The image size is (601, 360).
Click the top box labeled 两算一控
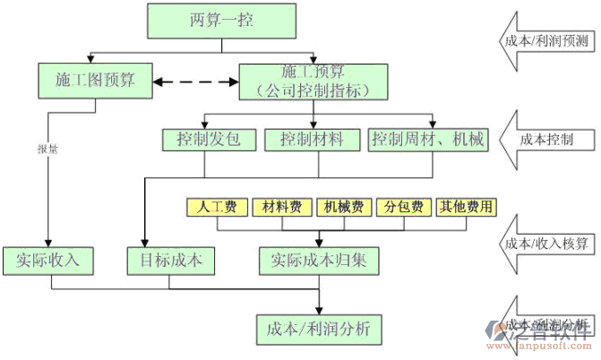(x=221, y=21)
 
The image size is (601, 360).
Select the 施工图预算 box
(x=95, y=80)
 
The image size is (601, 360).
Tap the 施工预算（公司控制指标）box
(x=313, y=80)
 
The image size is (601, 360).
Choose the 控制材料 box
(x=312, y=140)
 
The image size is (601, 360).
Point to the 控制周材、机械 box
(x=428, y=140)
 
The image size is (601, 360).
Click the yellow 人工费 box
(x=217, y=207)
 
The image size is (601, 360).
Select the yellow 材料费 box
(x=281, y=207)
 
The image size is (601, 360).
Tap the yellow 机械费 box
(x=344, y=207)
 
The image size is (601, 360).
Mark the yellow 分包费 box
(x=404, y=207)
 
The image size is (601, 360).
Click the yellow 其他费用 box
(x=466, y=207)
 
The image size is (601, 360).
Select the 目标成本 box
(x=171, y=260)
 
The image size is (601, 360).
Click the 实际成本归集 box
(x=319, y=260)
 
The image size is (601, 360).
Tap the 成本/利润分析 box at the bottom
(x=319, y=328)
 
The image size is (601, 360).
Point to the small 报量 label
(x=47, y=150)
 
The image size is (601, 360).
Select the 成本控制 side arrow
(x=545, y=139)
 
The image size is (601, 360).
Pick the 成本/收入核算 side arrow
(x=545, y=243)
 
